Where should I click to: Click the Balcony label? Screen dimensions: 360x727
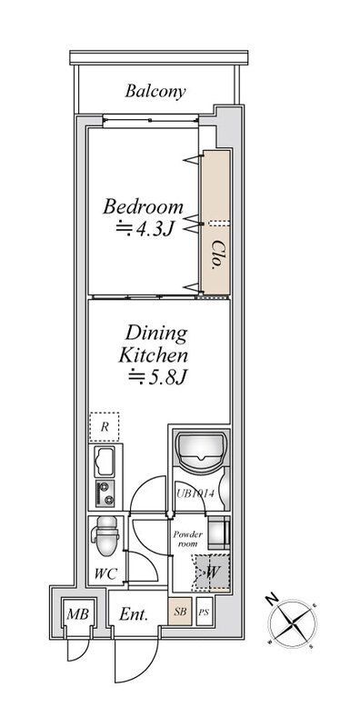coord(155,91)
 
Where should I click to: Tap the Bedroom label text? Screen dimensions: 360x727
coord(143,206)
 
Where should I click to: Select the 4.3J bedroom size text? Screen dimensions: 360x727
coord(145,229)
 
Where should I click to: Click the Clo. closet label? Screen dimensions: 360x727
coord(215,254)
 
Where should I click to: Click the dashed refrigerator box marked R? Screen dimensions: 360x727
coord(105,426)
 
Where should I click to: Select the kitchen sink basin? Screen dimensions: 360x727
coord(105,462)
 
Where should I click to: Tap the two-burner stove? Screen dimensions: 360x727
coord(105,493)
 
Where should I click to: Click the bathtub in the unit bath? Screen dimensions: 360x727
coord(201,448)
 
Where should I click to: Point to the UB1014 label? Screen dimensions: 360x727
coord(195,493)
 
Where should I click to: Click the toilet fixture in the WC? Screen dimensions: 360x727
coord(105,535)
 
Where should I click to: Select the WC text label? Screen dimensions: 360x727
coord(105,574)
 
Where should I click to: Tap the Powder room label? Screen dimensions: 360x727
coord(188,539)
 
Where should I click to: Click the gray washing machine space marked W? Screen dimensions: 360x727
coord(212,573)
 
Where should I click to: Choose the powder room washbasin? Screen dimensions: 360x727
coord(218,533)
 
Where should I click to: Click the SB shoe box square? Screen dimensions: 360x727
coord(180,612)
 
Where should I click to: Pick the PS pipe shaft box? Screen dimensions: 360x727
coord(205,612)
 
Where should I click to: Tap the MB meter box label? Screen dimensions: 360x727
coord(77,615)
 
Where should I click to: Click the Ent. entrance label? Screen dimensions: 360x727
coord(133,615)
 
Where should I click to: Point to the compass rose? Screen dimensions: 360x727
coord(293,623)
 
